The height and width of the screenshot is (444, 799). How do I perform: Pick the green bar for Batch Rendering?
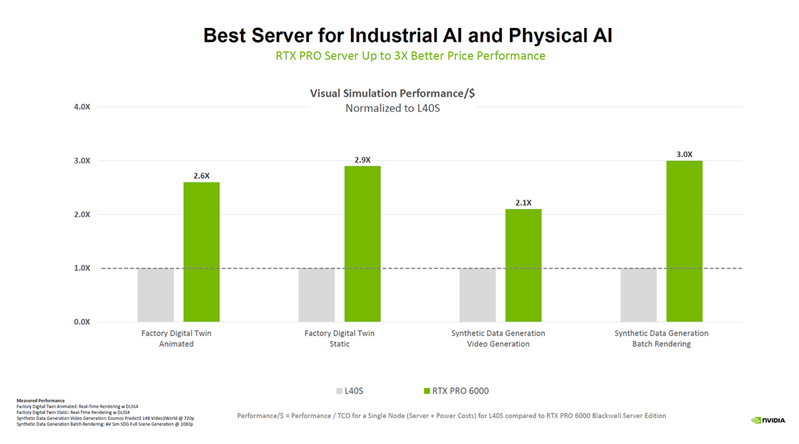tap(684, 241)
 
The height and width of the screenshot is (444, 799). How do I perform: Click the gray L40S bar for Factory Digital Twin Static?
tap(316, 295)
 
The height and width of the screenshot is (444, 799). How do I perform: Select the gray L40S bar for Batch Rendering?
tap(638, 295)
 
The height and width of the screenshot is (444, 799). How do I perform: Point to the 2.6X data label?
tap(201, 176)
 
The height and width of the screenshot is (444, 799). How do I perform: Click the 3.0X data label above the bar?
tap(684, 154)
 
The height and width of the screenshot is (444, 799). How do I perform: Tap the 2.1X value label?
tap(523, 202)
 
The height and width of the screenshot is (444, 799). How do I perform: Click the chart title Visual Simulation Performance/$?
tap(392, 93)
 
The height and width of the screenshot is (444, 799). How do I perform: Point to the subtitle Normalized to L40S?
tap(392, 108)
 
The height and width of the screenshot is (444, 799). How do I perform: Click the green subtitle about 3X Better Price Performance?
tap(410, 56)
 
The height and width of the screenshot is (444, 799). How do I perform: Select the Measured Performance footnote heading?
tap(41, 400)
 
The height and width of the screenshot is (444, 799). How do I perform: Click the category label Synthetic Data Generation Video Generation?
tap(498, 338)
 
